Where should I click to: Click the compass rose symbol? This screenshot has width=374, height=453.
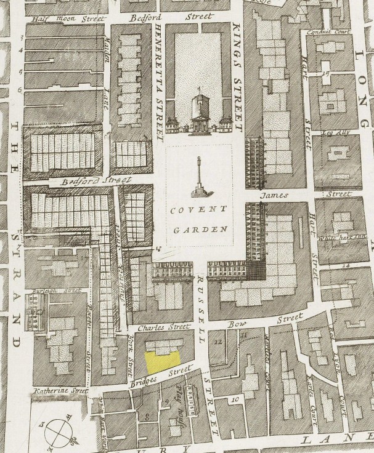click(x=57, y=431)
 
